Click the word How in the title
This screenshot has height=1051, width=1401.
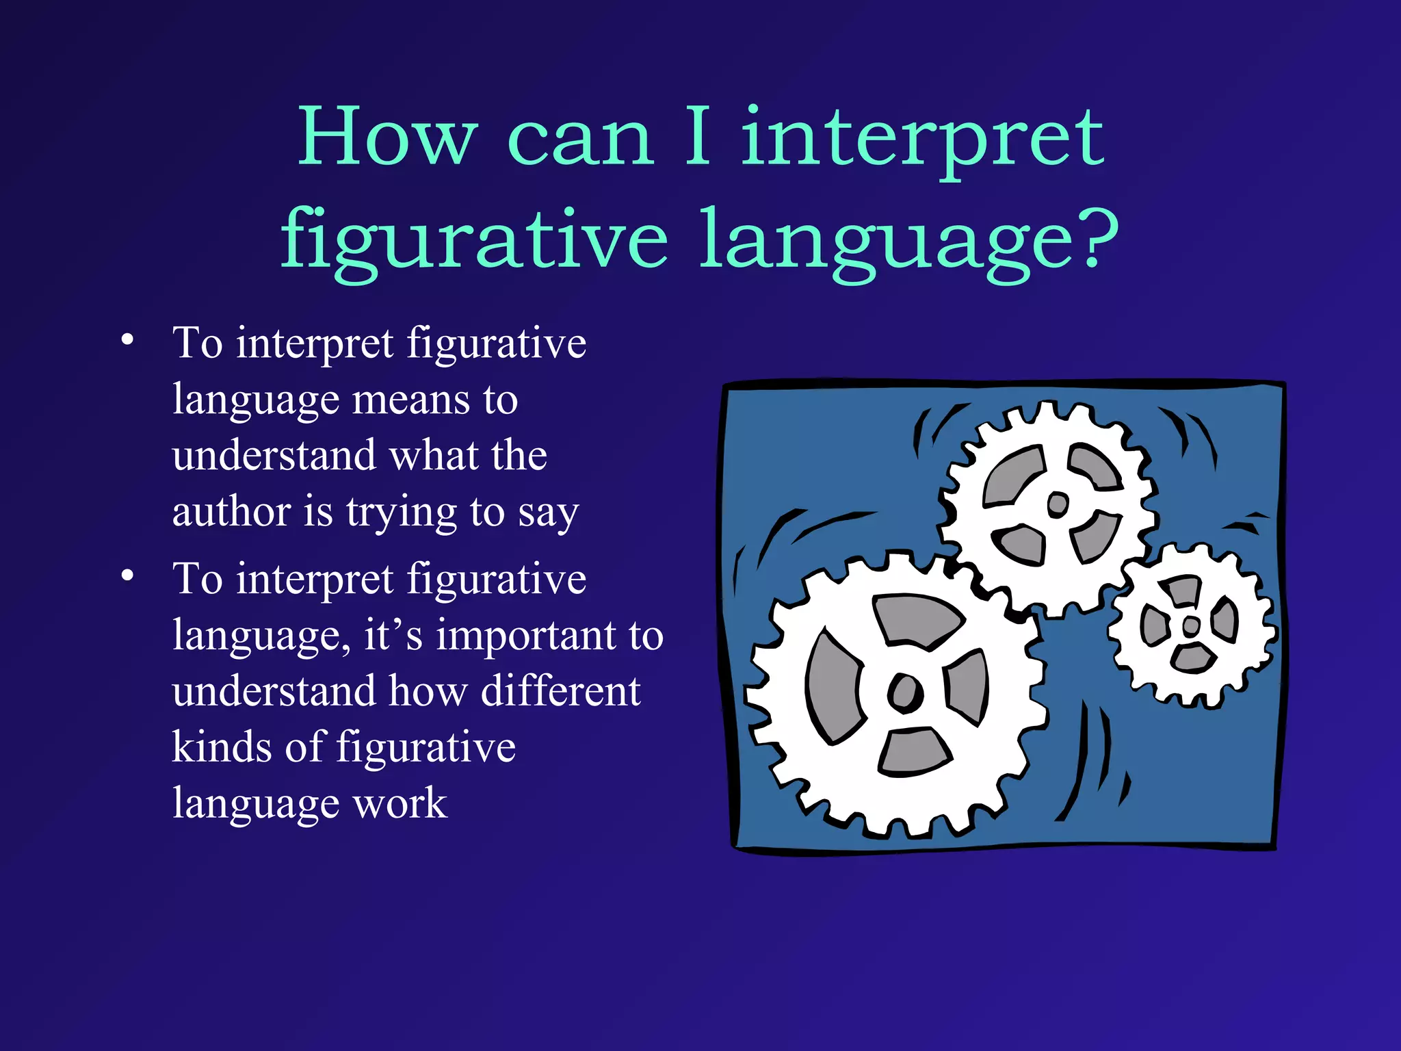(x=387, y=137)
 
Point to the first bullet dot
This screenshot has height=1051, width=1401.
(x=127, y=340)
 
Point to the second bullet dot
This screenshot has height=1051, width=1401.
(x=127, y=575)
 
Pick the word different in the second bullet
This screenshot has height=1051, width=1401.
(x=560, y=691)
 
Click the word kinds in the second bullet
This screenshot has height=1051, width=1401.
(x=222, y=747)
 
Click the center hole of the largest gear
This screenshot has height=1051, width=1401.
(x=906, y=692)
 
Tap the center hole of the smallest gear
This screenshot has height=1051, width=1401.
(x=1191, y=625)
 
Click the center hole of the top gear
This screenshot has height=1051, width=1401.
(x=1058, y=504)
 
